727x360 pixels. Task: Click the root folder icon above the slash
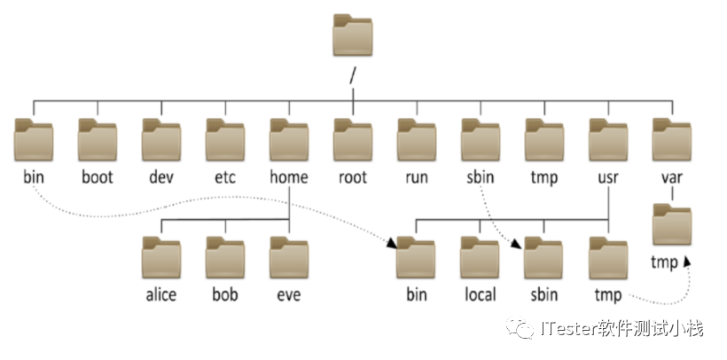point(353,35)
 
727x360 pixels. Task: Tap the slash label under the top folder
point(353,76)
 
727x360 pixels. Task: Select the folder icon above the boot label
point(98,139)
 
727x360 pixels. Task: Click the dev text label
point(161,177)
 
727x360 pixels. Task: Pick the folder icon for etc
point(225,139)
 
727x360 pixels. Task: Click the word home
point(289,177)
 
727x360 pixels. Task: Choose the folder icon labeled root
point(353,139)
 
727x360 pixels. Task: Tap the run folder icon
point(417,139)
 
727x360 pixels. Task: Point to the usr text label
point(608,177)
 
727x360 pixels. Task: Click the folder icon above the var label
point(672,139)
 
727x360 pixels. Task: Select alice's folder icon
point(161,258)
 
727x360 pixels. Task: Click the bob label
point(225,295)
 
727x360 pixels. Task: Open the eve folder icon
point(289,258)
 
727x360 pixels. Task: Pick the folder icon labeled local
point(480,258)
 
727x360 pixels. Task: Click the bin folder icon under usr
point(416,258)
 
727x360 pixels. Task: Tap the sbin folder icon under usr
point(543,258)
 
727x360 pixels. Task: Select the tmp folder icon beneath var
point(672,224)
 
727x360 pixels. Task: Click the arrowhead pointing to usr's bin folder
point(392,244)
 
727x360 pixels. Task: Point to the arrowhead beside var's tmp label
point(687,262)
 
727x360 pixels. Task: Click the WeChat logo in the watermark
point(520,327)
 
